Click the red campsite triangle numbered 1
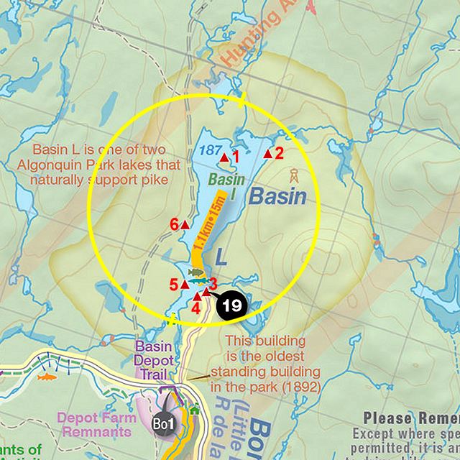[x=224, y=157]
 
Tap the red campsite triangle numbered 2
[x=268, y=153]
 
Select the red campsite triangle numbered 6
[x=185, y=224]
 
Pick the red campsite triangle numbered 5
[x=185, y=283]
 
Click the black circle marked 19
[x=231, y=305]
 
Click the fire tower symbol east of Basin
[x=293, y=175]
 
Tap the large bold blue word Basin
[x=278, y=197]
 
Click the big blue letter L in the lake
[x=221, y=255]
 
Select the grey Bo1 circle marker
[x=163, y=423]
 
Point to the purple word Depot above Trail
[x=153, y=360]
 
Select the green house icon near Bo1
[x=194, y=410]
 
